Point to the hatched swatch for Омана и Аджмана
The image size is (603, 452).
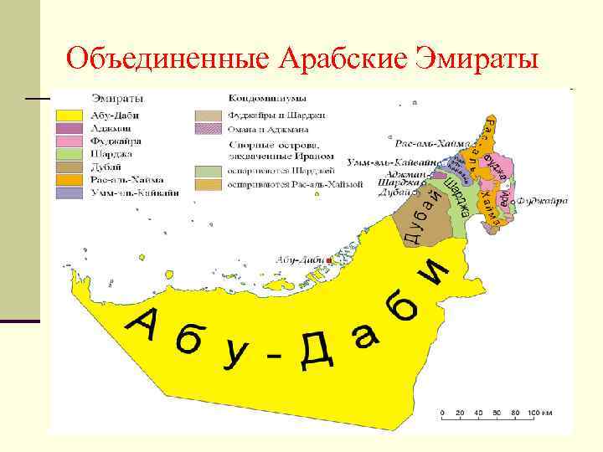[208, 129]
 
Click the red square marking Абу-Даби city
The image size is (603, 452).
[329, 261]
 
